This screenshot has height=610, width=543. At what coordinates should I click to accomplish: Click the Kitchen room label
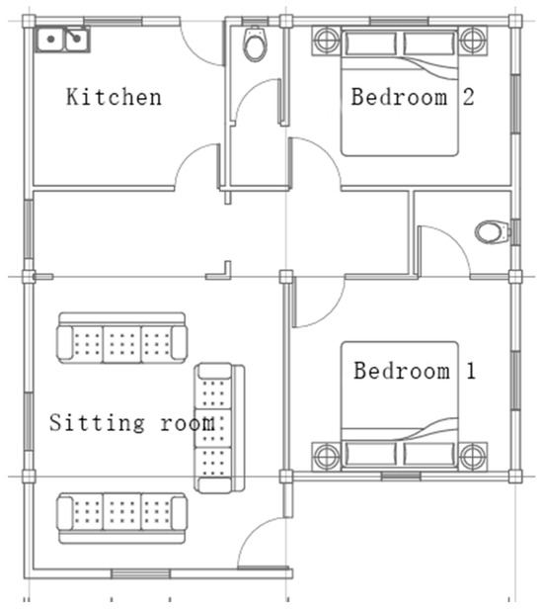click(x=114, y=97)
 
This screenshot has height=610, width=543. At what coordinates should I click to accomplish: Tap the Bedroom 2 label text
click(x=413, y=97)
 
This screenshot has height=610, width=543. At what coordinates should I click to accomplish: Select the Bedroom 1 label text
click(x=415, y=371)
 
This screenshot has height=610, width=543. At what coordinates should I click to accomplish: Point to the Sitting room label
click(x=132, y=422)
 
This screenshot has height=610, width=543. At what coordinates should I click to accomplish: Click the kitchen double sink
click(x=63, y=40)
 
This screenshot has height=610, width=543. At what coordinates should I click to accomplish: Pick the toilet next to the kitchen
click(x=255, y=44)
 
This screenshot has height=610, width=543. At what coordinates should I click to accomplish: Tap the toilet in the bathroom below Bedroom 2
click(x=492, y=232)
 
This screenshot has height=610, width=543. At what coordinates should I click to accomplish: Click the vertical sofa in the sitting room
click(x=219, y=428)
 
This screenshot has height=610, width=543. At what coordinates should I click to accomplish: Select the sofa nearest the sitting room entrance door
click(x=122, y=518)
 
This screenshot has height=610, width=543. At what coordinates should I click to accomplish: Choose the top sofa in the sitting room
click(x=122, y=338)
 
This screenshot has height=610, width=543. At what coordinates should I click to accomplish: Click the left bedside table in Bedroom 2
click(x=327, y=41)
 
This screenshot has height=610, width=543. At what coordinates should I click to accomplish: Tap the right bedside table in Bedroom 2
click(x=473, y=41)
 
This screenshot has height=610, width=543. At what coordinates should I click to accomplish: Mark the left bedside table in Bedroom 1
click(x=327, y=457)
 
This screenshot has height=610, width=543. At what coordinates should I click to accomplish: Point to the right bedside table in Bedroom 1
click(x=473, y=457)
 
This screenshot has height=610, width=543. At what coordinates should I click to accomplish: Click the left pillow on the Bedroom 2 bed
click(x=371, y=44)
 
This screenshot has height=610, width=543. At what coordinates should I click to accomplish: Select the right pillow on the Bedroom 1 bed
click(x=429, y=454)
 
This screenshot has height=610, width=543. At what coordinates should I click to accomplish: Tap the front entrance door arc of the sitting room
click(x=249, y=534)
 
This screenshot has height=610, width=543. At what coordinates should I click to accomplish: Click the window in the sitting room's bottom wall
click(x=140, y=573)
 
